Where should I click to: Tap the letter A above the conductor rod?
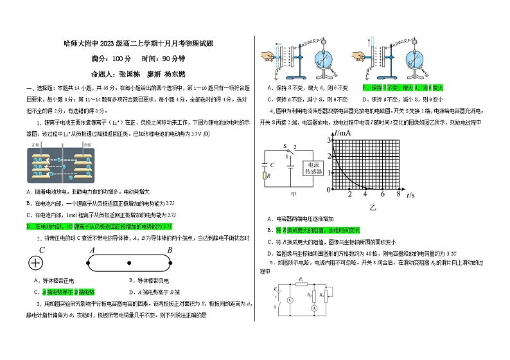(92, 250)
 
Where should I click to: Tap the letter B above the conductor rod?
(170, 250)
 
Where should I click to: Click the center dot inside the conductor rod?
(129, 263)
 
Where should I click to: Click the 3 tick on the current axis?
(329, 139)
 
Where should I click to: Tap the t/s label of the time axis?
(410, 195)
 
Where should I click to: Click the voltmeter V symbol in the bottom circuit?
(290, 300)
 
